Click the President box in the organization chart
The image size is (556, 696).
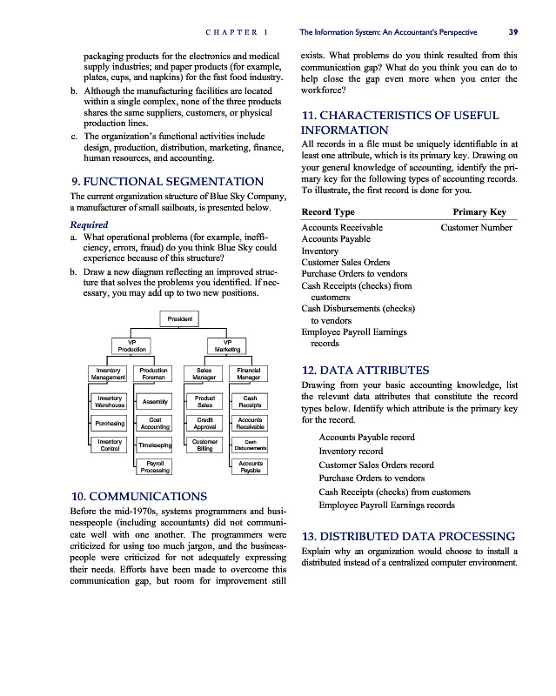tap(180, 318)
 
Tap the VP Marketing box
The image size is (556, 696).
tap(228, 345)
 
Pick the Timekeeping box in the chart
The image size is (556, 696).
tap(155, 446)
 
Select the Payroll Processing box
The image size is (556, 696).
tap(155, 467)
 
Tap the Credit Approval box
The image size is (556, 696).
tap(204, 424)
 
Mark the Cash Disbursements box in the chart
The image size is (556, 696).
tap(250, 446)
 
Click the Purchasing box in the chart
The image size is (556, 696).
tap(108, 424)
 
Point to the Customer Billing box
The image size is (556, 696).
tap(204, 446)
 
